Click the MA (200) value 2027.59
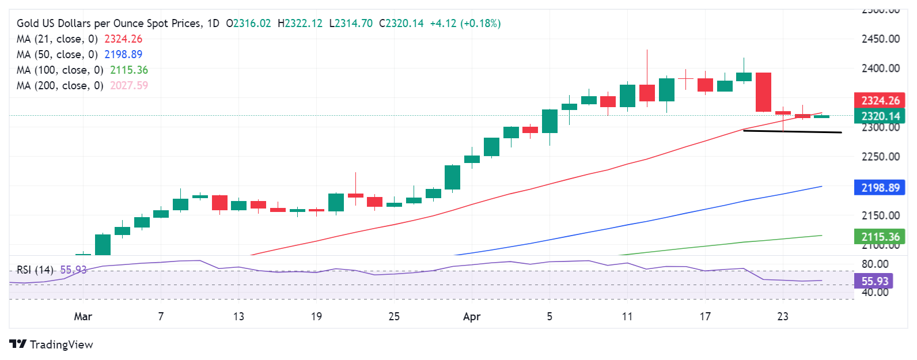pyautogui.click(x=129, y=85)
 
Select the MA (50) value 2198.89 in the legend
pyautogui.click(x=123, y=54)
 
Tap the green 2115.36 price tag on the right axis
pyautogui.click(x=880, y=237)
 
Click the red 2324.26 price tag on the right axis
pyautogui.click(x=880, y=100)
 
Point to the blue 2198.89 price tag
pyautogui.click(x=880, y=188)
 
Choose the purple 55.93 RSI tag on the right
pyautogui.click(x=874, y=281)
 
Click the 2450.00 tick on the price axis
pyautogui.click(x=880, y=39)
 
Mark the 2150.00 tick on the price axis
pyautogui.click(x=880, y=215)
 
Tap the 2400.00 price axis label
pyautogui.click(x=880, y=68)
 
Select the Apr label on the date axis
pyautogui.click(x=472, y=316)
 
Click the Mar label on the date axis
pyautogui.click(x=83, y=316)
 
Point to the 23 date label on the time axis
pyautogui.click(x=783, y=316)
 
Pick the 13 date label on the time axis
pyautogui.click(x=238, y=316)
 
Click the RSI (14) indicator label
pyautogui.click(x=35, y=270)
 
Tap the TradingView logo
pyautogui.click(x=51, y=344)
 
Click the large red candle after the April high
pyautogui.click(x=763, y=92)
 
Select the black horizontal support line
pyautogui.click(x=792, y=132)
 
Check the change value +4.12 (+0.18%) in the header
pyautogui.click(x=465, y=23)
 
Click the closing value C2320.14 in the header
pyautogui.click(x=401, y=23)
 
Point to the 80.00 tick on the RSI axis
pyautogui.click(x=874, y=264)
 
